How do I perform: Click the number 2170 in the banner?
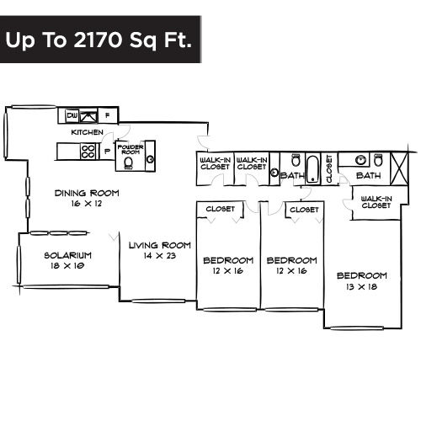tap(99, 40)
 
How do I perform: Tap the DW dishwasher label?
tap(72, 115)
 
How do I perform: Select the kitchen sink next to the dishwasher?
tap(88, 116)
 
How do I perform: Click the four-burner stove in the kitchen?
tap(88, 151)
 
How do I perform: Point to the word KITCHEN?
tap(87, 132)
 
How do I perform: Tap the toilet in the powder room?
tap(129, 163)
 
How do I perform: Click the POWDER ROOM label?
tap(131, 149)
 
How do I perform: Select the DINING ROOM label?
tap(87, 193)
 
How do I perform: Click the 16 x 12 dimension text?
tap(87, 204)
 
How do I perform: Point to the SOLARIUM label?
tap(68, 255)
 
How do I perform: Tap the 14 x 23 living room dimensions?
tap(160, 256)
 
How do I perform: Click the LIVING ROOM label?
tap(160, 245)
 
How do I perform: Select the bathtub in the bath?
tap(312, 169)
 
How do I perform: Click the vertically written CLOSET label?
tap(329, 168)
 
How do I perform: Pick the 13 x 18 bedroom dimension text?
tap(361, 287)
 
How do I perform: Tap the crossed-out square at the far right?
tap(398, 168)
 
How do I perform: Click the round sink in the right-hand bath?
tap(360, 161)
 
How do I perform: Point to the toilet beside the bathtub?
tap(295, 160)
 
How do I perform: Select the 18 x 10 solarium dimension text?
tap(67, 266)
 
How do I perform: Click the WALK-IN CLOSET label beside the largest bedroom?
tap(376, 202)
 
